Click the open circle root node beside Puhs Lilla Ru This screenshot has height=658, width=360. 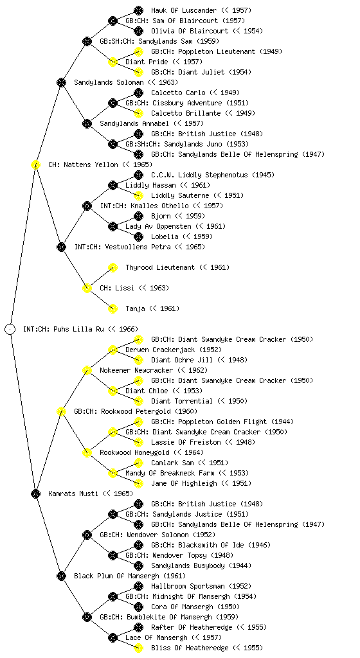tap(10, 329)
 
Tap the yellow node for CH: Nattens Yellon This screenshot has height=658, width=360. tap(35, 164)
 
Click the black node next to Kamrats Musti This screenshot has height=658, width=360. tap(35, 493)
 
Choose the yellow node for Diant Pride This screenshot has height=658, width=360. tap(113, 62)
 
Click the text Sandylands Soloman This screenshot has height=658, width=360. tap(109, 82)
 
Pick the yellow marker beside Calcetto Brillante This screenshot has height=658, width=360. tap(138, 113)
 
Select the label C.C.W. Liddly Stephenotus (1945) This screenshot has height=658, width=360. tap(213, 175)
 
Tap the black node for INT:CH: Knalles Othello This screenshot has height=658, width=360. tap(87, 206)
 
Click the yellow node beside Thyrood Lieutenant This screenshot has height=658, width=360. tap(113, 267)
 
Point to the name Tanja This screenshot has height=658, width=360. tap(135, 308)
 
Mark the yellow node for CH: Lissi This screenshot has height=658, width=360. tap(87, 288)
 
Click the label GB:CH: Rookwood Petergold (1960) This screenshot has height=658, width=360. tap(136, 411)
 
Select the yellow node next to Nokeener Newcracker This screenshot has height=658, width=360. tap(87, 370)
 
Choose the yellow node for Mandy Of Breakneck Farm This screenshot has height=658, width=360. tap(113, 473)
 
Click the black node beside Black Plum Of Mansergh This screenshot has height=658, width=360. tap(61, 576)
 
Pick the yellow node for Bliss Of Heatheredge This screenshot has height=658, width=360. tap(138, 648)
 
